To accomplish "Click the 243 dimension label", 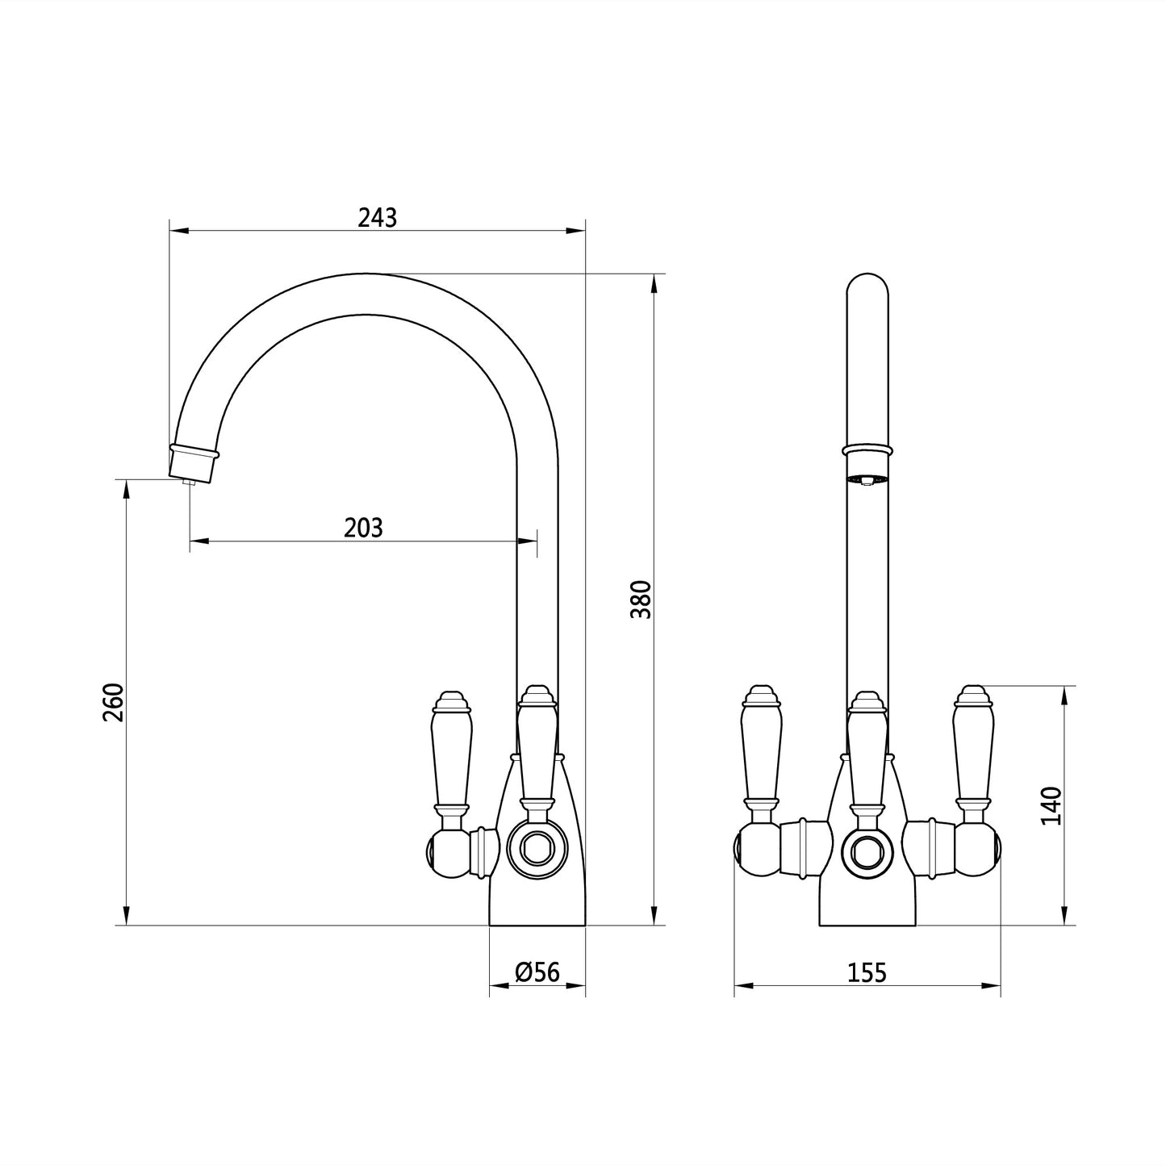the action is coord(377,218).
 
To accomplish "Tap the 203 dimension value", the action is coord(363,528).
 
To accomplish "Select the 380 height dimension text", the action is coord(642,599).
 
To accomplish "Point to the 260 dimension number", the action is coord(113,702).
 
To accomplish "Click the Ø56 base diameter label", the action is coord(537,972).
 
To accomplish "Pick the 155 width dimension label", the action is coord(867,973).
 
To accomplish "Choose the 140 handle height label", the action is coord(1051,804).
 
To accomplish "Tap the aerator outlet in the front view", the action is coord(867,480).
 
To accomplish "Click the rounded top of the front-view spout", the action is coord(867,284).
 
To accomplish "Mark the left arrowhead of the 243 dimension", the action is coord(179,231).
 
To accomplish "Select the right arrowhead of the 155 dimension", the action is coord(990,986).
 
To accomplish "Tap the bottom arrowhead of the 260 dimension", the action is coord(126,914).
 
